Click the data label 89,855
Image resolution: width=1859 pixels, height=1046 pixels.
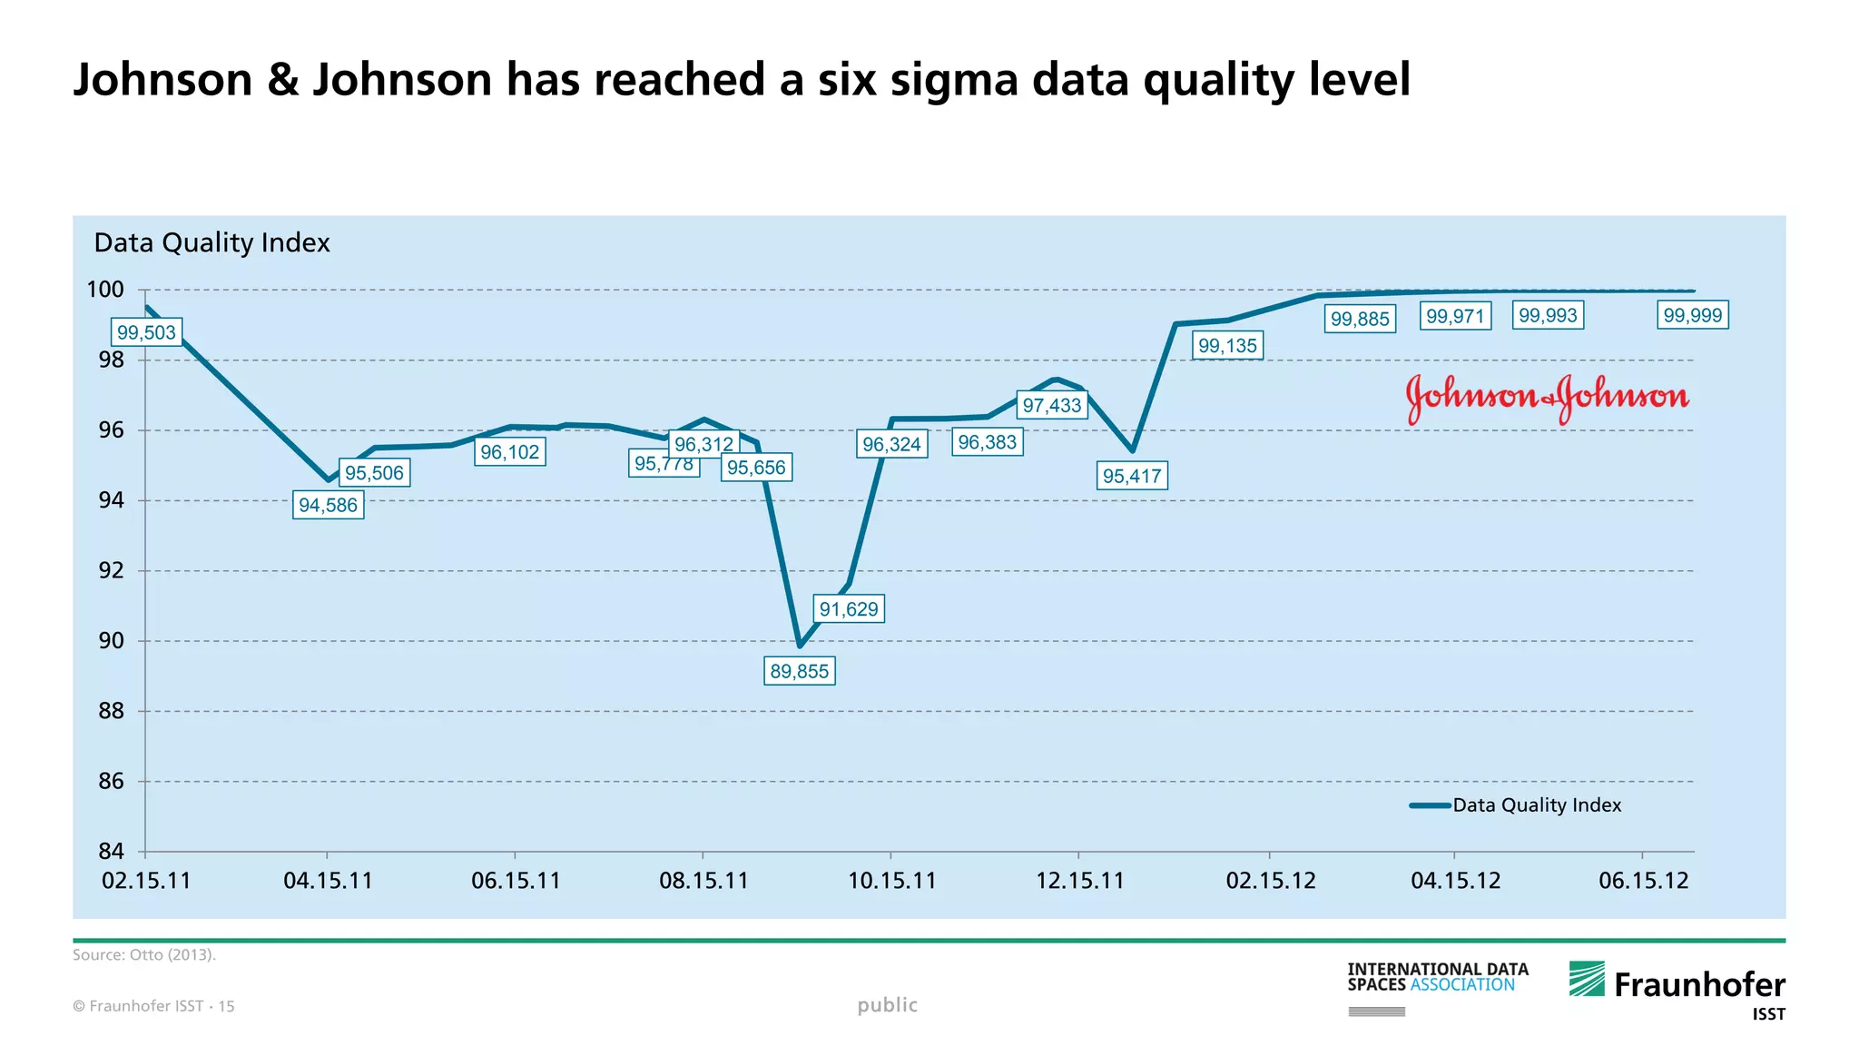coord(799,672)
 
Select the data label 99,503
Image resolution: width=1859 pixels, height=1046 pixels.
coord(146,332)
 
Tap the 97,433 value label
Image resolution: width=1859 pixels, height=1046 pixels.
coord(1052,405)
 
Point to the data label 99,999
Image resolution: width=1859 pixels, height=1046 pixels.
coord(1692,315)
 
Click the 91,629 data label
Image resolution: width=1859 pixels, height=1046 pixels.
coord(849,608)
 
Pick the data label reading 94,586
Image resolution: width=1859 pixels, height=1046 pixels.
coord(328,505)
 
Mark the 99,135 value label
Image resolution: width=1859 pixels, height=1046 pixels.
coord(1227,345)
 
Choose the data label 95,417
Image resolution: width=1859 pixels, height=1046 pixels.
coord(1131,476)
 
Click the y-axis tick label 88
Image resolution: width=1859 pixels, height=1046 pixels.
coord(111,711)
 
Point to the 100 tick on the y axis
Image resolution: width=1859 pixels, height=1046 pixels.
coord(105,290)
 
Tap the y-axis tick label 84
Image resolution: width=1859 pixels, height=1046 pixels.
coord(111,852)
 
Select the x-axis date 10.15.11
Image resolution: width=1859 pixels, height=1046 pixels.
coord(891,881)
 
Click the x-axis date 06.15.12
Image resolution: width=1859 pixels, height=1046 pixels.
coord(1643,881)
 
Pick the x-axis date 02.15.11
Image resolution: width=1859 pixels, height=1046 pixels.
coord(146,881)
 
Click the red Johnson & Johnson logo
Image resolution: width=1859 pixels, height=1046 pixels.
coord(1547,398)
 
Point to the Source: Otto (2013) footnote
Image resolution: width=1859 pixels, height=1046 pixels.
coord(144,955)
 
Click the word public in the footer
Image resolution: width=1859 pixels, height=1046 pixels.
coord(887,1005)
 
